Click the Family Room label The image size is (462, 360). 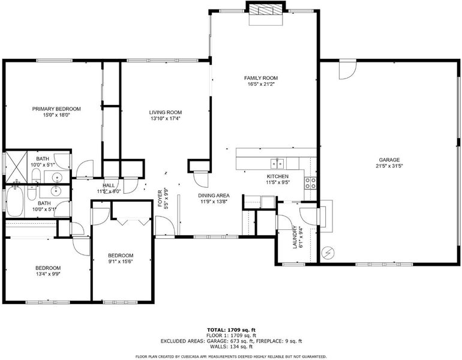coord(261,78)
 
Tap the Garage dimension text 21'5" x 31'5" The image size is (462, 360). coord(389,166)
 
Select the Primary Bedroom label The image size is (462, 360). coord(56,109)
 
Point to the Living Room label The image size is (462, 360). coord(165,112)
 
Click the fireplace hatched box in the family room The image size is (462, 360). coord(265,10)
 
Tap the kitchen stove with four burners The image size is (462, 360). coord(310,182)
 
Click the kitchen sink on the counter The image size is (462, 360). coord(277,163)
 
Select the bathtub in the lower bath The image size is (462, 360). coord(15,202)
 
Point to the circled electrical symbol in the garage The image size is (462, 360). coord(328,253)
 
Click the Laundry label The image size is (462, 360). coord(295,237)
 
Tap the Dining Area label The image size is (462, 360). coord(214,196)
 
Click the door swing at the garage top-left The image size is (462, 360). coord(347,70)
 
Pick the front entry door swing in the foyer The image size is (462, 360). coord(164,226)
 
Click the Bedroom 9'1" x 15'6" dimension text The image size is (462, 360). coord(121,262)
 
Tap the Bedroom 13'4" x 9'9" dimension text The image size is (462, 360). coord(48,274)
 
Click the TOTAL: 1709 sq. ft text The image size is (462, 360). coord(231,330)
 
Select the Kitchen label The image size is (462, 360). coord(278,176)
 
